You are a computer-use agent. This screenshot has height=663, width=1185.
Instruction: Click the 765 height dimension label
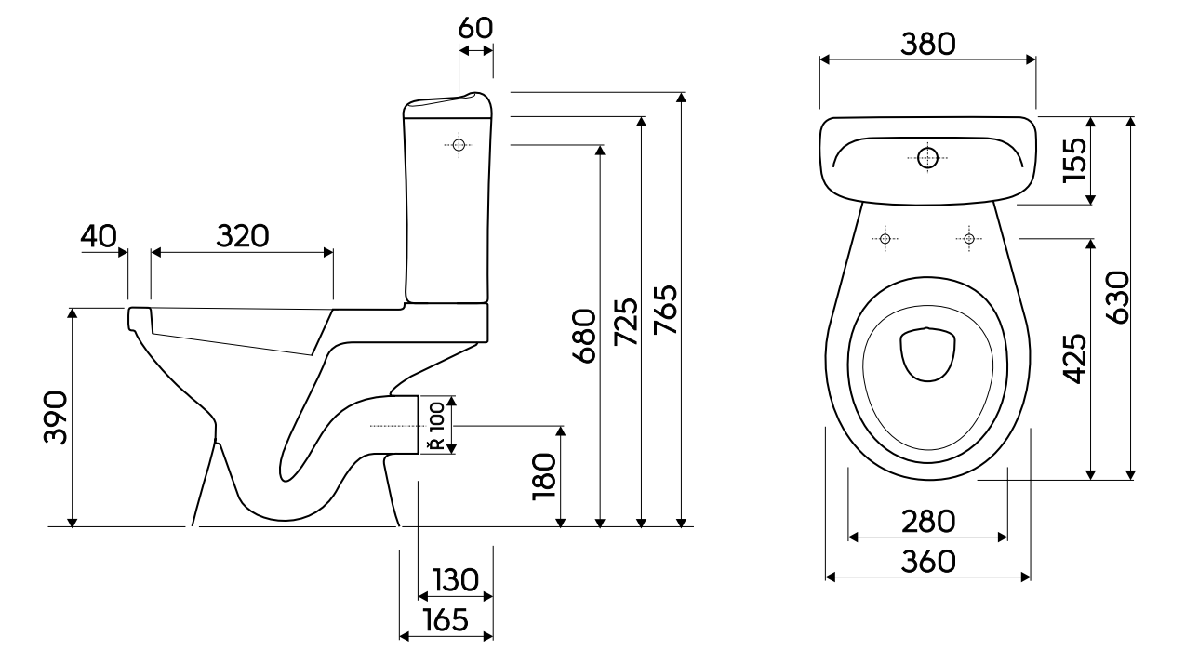[665, 310]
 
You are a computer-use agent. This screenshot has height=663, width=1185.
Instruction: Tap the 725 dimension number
[626, 322]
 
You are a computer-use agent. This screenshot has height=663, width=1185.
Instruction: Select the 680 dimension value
[584, 336]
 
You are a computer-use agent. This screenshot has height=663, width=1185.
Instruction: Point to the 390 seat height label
[56, 418]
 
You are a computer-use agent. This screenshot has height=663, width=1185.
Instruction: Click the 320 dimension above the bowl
[243, 236]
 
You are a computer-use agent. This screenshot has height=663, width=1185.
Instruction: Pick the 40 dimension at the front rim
[99, 236]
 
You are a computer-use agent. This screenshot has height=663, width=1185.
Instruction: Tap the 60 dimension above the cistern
[475, 28]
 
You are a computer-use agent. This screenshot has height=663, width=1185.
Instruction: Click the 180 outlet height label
[544, 476]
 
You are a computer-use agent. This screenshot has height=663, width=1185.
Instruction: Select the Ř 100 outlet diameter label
[438, 426]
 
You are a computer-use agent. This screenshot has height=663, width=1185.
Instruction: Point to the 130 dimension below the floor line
[456, 579]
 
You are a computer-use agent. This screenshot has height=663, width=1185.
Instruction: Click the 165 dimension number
[446, 619]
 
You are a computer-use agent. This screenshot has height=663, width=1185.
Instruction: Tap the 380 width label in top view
[928, 44]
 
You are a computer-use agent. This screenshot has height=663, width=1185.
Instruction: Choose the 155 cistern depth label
[1074, 160]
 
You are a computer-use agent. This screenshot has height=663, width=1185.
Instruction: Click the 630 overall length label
[1117, 298]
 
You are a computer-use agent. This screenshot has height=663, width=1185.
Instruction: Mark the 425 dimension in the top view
[1074, 359]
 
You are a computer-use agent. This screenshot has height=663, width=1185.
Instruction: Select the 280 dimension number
[928, 522]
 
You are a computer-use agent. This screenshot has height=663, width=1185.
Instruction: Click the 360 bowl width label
[928, 562]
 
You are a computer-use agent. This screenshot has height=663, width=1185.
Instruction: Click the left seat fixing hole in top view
[885, 239]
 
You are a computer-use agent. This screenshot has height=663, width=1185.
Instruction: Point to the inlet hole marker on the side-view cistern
[459, 144]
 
